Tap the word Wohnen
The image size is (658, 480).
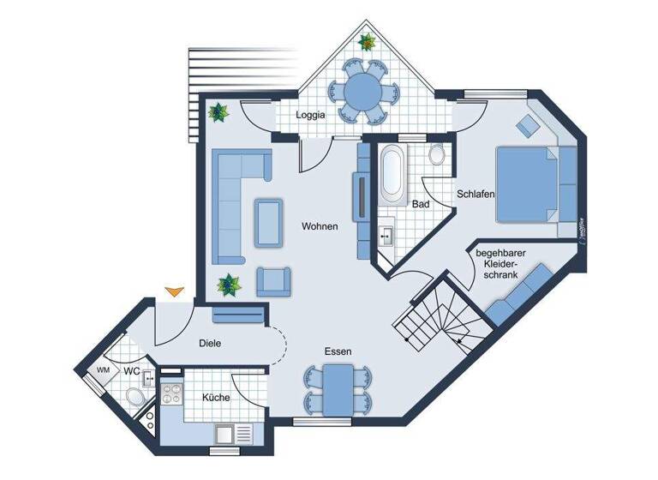pos(320,227)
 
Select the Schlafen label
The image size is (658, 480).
pos(476,195)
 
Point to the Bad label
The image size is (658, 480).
pos(420,205)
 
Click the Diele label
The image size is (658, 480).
pos(210,343)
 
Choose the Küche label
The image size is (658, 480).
pos(215,399)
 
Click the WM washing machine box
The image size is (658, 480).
pos(103,370)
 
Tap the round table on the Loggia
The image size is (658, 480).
pos(364,88)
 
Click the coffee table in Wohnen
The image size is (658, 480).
pos(270,221)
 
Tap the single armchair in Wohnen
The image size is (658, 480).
pos(274,280)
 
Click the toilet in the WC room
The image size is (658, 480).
pos(133,396)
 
